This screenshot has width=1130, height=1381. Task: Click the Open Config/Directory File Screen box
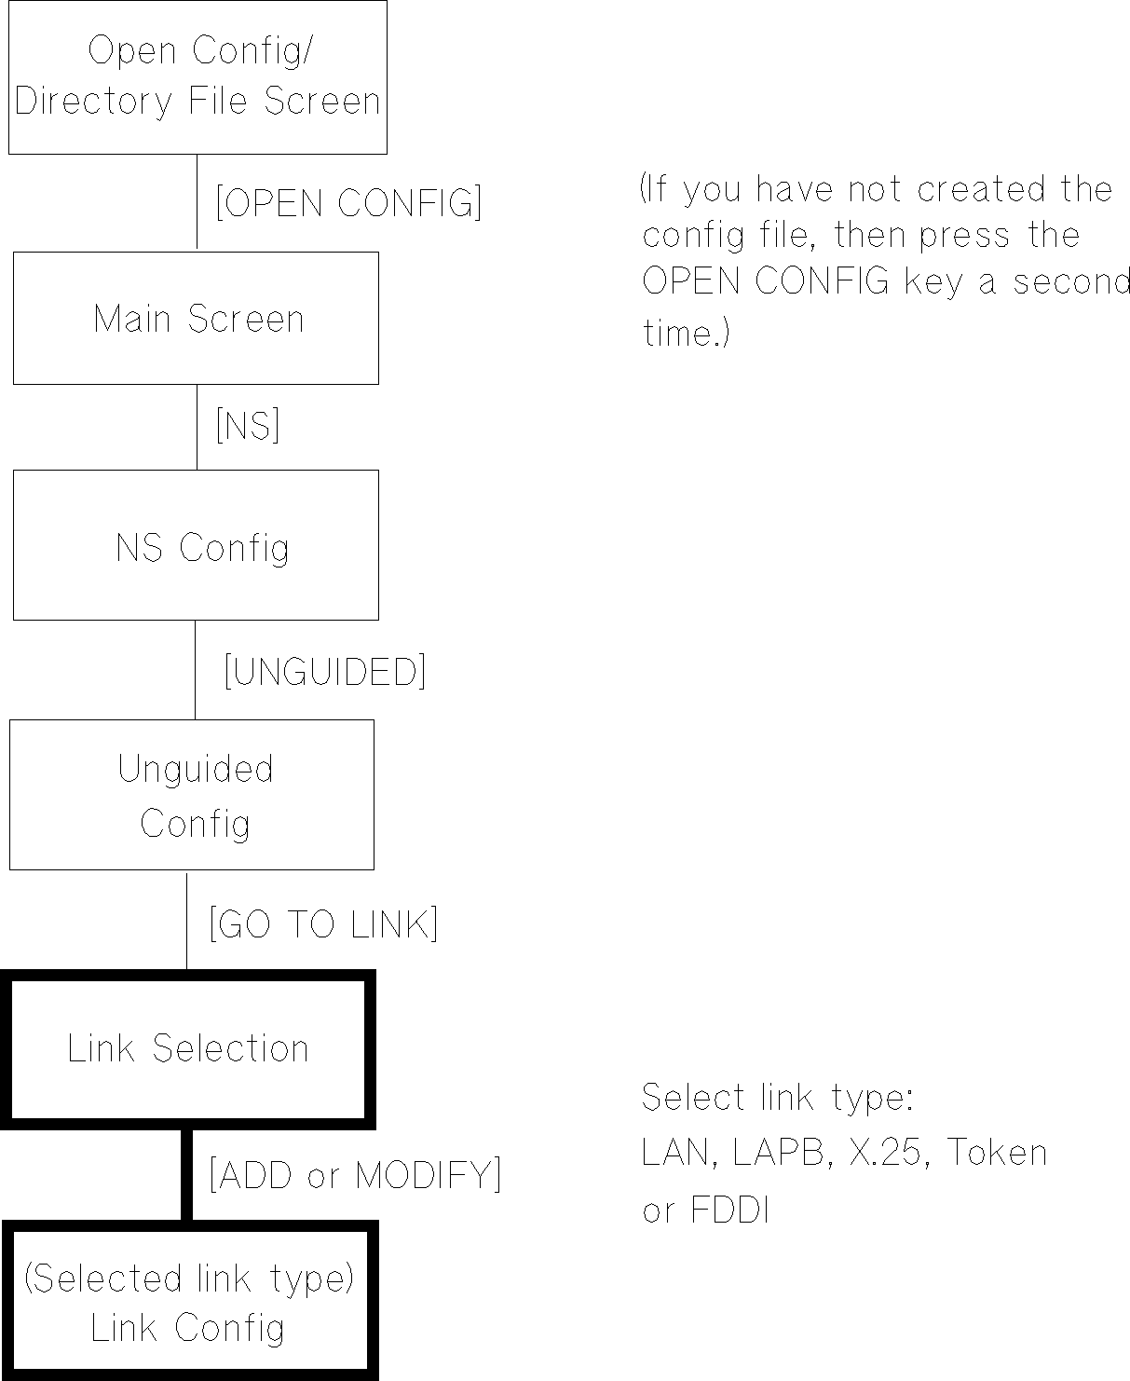pyautogui.click(x=197, y=76)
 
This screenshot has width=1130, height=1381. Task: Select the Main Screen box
pyautogui.click(x=196, y=318)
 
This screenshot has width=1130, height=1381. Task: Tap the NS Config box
pyautogui.click(x=196, y=545)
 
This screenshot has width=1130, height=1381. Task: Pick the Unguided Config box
pyautogui.click(x=192, y=795)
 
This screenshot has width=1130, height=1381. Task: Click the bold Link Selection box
pyautogui.click(x=187, y=1048)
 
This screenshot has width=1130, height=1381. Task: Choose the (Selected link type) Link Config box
pyautogui.click(x=189, y=1301)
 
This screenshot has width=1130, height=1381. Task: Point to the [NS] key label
pyautogui.click(x=248, y=426)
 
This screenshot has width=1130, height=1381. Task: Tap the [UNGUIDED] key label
pyautogui.click(x=325, y=671)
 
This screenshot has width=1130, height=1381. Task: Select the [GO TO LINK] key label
pyautogui.click(x=323, y=923)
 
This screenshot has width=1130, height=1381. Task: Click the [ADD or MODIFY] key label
pyautogui.click(x=355, y=1174)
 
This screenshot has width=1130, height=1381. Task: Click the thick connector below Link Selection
pyautogui.click(x=186, y=1173)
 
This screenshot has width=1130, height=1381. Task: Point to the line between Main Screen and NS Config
pyautogui.click(x=197, y=427)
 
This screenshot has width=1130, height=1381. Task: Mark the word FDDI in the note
pyautogui.click(x=729, y=1210)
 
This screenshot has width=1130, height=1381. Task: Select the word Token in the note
pyautogui.click(x=998, y=1154)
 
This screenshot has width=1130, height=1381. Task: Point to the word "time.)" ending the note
pyautogui.click(x=687, y=333)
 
